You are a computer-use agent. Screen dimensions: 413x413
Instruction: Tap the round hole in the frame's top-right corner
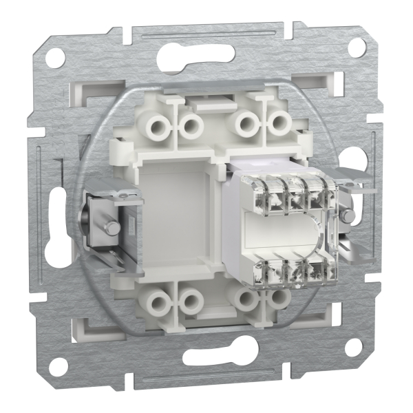[356, 46]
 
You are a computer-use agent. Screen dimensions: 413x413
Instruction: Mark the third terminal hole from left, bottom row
[246, 297]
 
